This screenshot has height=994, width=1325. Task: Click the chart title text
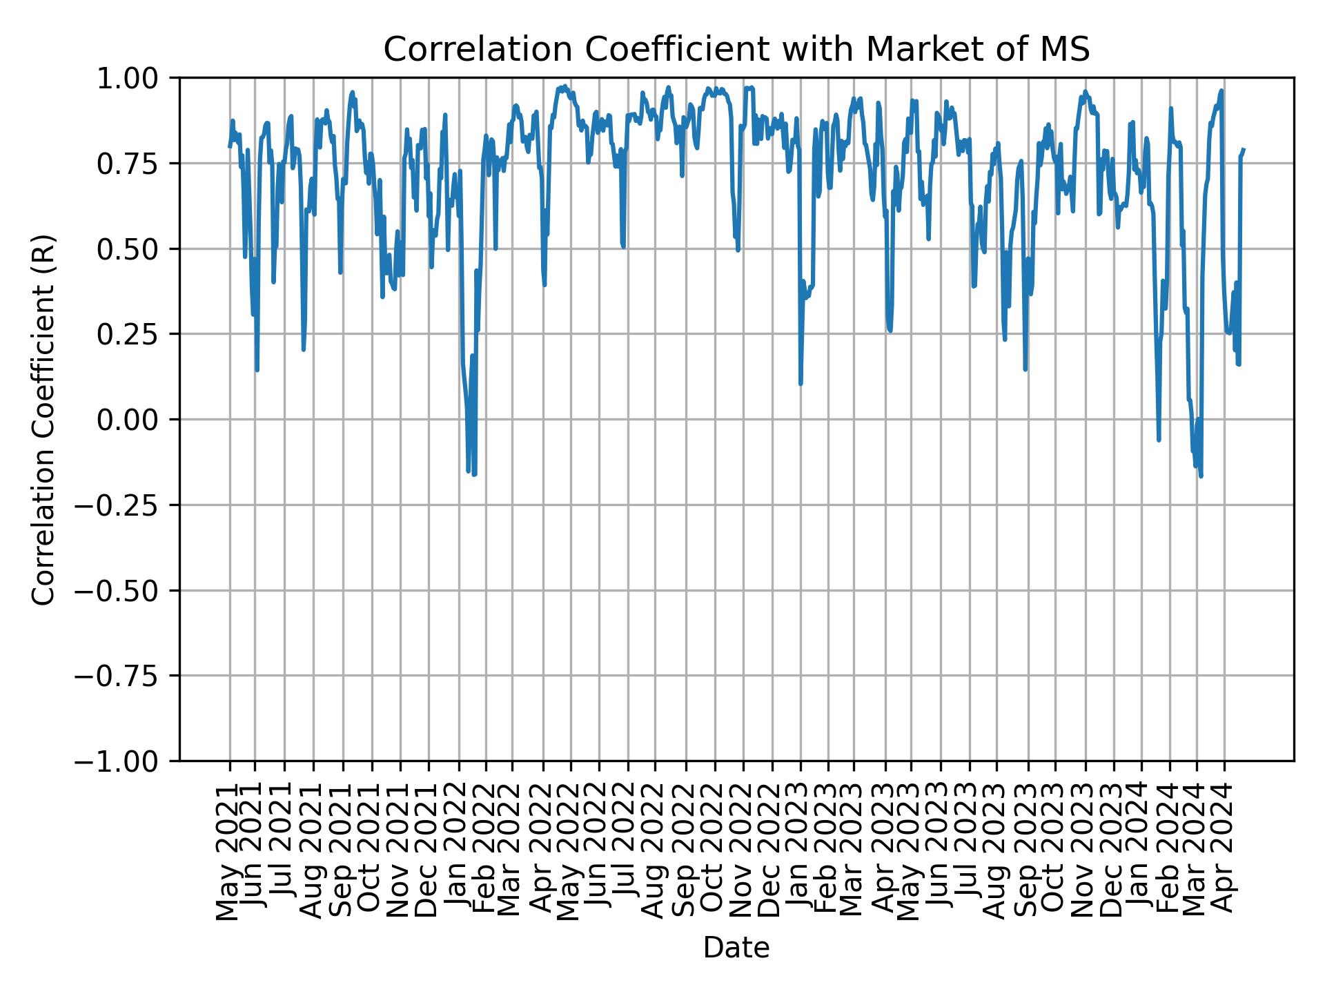pyautogui.click(x=736, y=50)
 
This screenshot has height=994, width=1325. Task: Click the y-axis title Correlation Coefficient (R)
pyautogui.click(x=43, y=420)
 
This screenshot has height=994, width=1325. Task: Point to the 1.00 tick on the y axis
pyautogui.click(x=137, y=78)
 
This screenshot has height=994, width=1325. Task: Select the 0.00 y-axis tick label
pyautogui.click(x=137, y=420)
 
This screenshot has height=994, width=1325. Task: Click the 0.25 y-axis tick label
pyautogui.click(x=137, y=334)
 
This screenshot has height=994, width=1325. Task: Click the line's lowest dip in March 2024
pyautogui.click(x=1201, y=476)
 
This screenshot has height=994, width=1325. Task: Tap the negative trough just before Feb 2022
pyautogui.click(x=474, y=474)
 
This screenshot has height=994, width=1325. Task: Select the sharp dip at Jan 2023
pyautogui.click(x=801, y=383)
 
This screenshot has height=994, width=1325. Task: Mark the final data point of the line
pyautogui.click(x=1244, y=149)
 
